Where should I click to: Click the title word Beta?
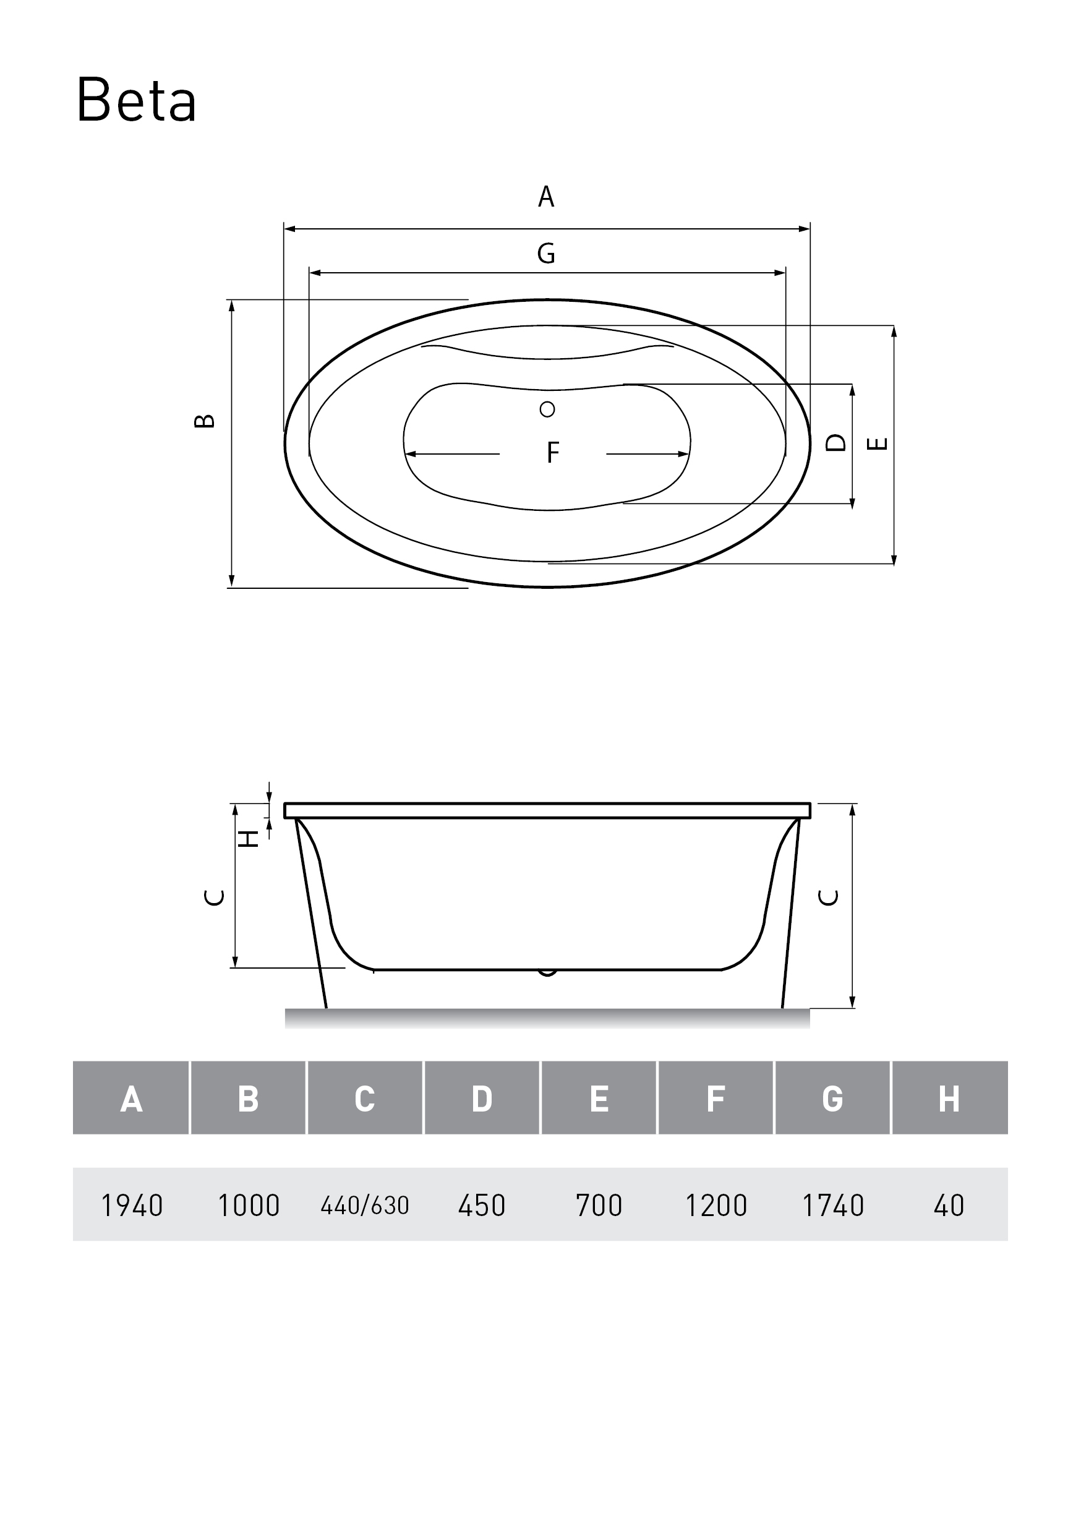coord(136,100)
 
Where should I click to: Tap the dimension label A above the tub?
coord(546,197)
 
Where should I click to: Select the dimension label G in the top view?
coord(546,253)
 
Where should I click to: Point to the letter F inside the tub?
coord(552,452)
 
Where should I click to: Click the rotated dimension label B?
coord(205,421)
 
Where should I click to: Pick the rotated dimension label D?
coord(836,442)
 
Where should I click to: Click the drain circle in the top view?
coord(547,409)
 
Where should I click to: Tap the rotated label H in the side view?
coord(249,839)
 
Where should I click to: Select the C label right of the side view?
coord(829,898)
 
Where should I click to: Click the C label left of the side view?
coord(214,898)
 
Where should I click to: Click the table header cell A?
coord(131,1099)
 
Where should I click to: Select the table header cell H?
coord(949,1099)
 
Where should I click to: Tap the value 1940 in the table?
coord(132,1206)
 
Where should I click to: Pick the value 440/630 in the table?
coord(365,1206)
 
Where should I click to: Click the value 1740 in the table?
coord(832,1206)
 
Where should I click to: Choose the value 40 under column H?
coord(949,1206)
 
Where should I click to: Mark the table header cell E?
coord(599,1099)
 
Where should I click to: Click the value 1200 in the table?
coord(716,1206)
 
